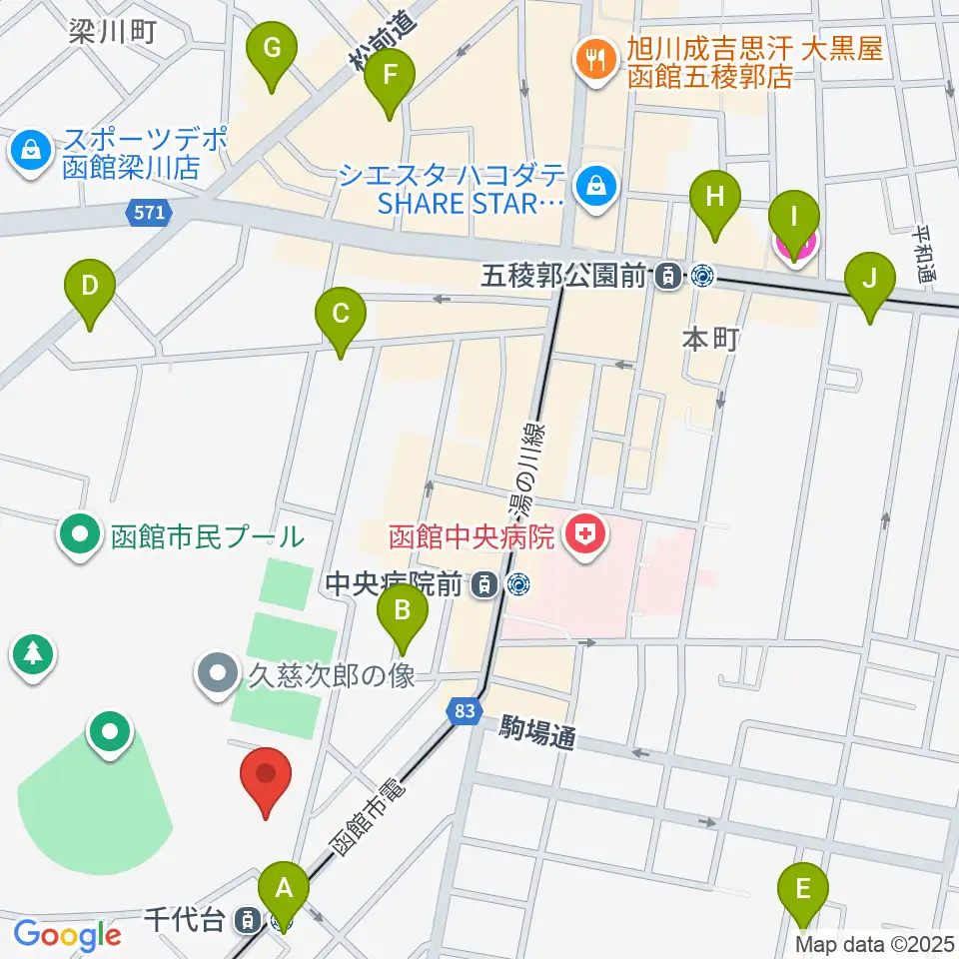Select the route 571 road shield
point(150,212)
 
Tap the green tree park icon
point(33,654)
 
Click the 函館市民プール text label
point(207,537)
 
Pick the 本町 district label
point(710,339)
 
